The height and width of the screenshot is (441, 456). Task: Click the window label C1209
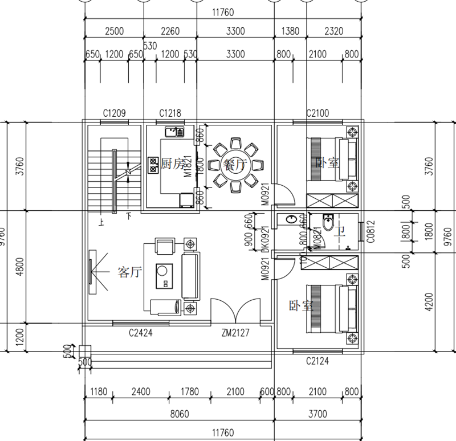113,113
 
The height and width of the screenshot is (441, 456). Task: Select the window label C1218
170,113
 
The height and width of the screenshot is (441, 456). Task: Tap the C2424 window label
140,332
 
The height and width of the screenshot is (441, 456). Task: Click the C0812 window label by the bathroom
370,232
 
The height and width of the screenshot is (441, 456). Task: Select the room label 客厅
129,272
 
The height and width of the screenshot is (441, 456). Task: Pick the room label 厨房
172,164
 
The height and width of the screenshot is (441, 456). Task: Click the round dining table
234,165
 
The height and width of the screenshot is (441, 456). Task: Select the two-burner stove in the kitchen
153,165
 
